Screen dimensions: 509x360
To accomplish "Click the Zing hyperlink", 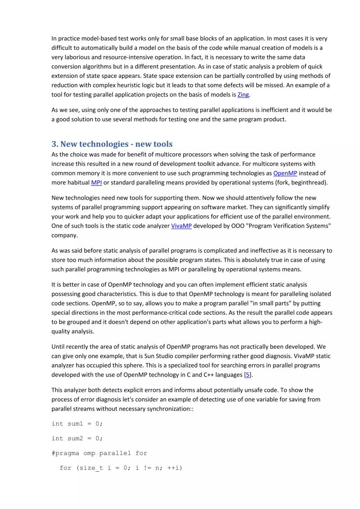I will pyautogui.click(x=243, y=95).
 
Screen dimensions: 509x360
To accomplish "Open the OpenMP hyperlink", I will pyautogui.click(x=285, y=173).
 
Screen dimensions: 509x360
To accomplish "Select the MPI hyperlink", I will pyautogui.click(x=96, y=183).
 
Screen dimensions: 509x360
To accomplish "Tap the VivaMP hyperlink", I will pyautogui.click(x=181, y=226).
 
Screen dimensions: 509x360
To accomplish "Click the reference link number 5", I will pyautogui.click(x=247, y=375).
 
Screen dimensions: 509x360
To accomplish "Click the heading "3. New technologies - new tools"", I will pyautogui.click(x=112, y=144).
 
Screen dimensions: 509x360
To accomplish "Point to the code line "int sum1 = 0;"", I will pyautogui.click(x=77, y=424).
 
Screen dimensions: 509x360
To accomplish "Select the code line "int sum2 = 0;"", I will pyautogui.click(x=77, y=438).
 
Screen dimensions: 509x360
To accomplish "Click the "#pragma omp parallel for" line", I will pyautogui.click(x=99, y=453).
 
